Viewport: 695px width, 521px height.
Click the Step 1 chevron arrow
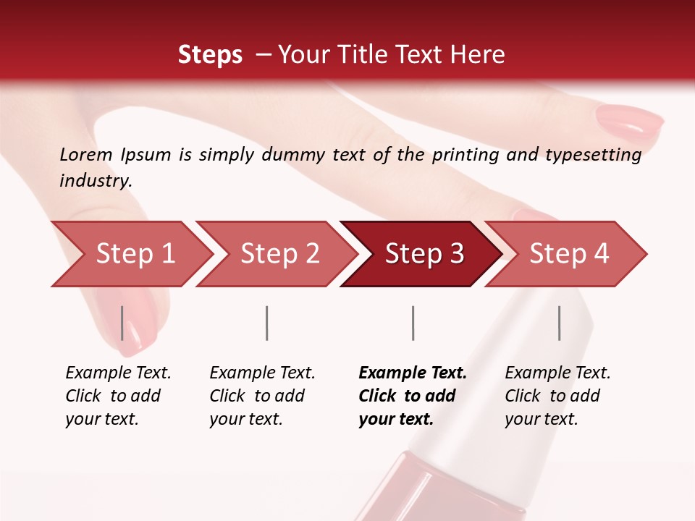pos(130,254)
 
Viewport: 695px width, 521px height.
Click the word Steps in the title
pos(210,55)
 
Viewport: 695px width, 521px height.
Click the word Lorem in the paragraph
pos(86,154)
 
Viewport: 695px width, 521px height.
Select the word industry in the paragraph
pos(96,181)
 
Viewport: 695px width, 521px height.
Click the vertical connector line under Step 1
pos(122,323)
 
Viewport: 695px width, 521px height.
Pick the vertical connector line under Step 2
pos(267,323)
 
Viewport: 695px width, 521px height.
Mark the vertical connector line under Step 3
pos(413,323)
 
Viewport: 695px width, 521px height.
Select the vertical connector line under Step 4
pos(559,323)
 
